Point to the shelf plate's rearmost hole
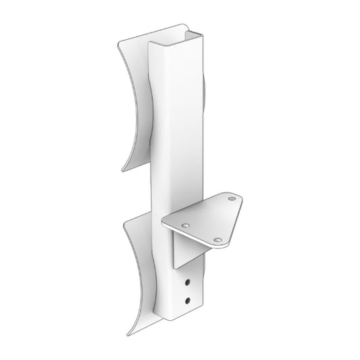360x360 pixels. pos(232,200)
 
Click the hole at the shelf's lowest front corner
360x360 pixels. pos(217,240)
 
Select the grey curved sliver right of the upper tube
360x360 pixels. pos(205,101)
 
